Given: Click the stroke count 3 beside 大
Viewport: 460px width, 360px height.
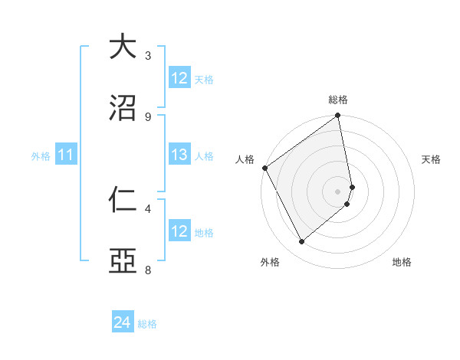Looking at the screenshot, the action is (x=148, y=56).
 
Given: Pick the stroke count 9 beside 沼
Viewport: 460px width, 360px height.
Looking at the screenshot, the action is (x=148, y=116).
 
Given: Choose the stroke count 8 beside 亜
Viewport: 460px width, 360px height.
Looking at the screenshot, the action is (x=148, y=270).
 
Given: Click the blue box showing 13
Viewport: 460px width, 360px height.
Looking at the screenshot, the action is (x=179, y=155).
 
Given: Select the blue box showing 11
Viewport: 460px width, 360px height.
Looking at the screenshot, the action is (x=66, y=155).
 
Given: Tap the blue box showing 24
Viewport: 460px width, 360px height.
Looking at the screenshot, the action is (x=123, y=323).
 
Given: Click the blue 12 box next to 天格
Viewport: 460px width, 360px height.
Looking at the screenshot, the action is (x=179, y=78).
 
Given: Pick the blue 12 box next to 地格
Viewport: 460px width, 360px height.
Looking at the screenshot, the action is (x=179, y=231).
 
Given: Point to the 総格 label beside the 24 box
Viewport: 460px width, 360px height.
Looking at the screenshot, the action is (x=147, y=324).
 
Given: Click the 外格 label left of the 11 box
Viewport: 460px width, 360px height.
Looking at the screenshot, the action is (x=41, y=156).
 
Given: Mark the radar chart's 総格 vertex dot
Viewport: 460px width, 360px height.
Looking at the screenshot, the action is (x=337, y=116).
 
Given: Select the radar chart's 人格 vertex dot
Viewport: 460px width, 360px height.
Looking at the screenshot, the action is (x=264, y=168).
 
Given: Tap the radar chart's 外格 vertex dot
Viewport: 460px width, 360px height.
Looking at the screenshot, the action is (x=302, y=241).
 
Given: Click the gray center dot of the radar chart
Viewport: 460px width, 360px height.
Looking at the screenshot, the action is (x=337, y=191).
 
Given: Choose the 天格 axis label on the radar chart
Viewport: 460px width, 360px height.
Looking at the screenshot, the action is (x=431, y=159).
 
